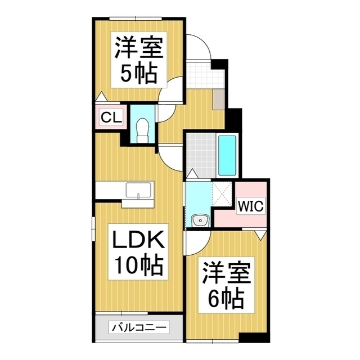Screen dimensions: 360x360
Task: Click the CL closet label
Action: pos(109,118)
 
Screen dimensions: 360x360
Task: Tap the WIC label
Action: pos(250,206)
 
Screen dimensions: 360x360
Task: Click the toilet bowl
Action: pos(142,127)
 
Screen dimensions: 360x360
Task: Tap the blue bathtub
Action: pos(227,155)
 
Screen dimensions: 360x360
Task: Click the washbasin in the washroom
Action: pos(199,220)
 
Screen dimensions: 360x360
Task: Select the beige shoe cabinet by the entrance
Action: pos(219,99)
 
